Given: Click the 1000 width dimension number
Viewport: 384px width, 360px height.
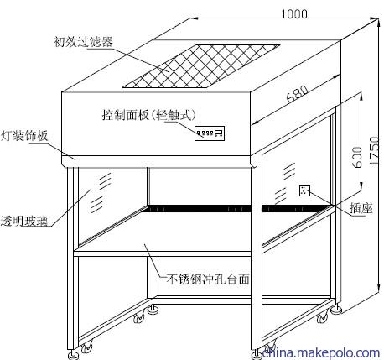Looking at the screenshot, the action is point(294,13).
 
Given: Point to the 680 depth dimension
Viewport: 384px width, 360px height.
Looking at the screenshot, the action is point(298,93).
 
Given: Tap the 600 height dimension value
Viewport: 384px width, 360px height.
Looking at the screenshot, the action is point(356,157).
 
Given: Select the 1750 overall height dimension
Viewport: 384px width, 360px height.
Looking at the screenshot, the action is point(374,150).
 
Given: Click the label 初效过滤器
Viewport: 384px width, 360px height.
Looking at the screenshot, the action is point(83,42).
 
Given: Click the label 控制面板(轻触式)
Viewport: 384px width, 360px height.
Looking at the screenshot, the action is point(149,114).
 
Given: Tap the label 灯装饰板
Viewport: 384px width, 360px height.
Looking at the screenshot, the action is point(24,136).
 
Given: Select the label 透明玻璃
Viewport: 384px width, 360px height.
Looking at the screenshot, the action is point(24,221).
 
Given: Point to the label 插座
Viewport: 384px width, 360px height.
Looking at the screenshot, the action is point(361,208).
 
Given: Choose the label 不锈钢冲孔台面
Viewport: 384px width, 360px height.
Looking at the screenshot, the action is point(207,279).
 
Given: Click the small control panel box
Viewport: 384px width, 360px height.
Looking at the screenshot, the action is point(210,133).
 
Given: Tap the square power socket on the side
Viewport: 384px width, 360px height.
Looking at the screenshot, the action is point(304,190).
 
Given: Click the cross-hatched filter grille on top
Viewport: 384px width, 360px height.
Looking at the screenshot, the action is point(201,66).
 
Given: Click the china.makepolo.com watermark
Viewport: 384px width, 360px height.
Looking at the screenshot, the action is point(320,352).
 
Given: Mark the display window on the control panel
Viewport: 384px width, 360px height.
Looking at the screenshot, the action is point(218,131).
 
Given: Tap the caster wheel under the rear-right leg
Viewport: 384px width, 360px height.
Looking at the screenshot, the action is point(322,318).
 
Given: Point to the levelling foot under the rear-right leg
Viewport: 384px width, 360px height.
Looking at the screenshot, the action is point(336,310).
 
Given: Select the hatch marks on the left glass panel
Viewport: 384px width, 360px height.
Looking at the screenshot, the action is point(101,193).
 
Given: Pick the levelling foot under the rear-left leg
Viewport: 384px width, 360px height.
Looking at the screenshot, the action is point(153,310).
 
